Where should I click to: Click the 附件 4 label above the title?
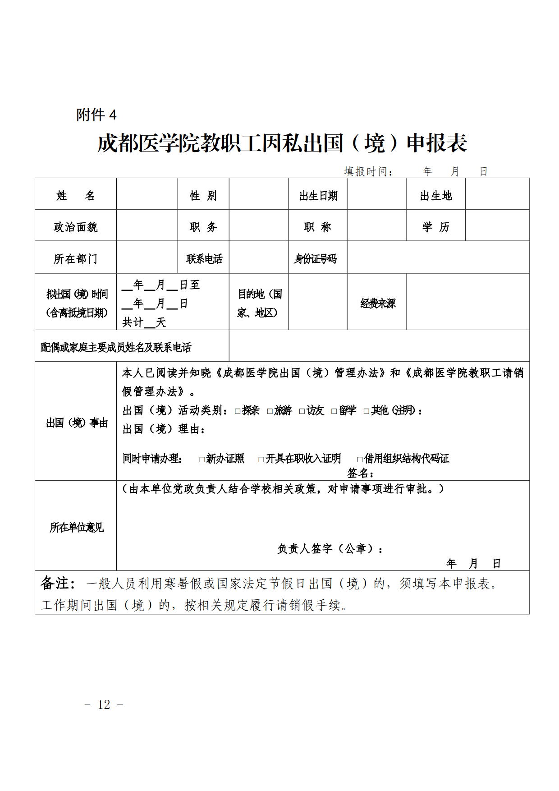tap(96, 115)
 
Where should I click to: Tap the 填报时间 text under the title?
tap(368, 172)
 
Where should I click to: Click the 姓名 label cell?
tap(75, 195)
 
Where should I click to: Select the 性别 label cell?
tap(203, 195)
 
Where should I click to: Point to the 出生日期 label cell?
tap(318, 196)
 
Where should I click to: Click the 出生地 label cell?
tap(435, 196)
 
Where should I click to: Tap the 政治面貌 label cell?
tap(75, 227)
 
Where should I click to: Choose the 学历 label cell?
tap(435, 227)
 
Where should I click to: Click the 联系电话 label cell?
tap(204, 259)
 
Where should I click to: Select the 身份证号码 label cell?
tap(316, 259)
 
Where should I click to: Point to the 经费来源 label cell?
tap(377, 304)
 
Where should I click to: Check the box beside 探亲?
tap(238, 411)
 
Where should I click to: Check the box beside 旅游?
tap(270, 411)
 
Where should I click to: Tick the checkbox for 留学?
tap(334, 411)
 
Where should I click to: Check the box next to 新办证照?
tap(202, 460)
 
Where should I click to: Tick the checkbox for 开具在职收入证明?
tap(261, 460)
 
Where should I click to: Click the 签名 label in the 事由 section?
tap(360, 473)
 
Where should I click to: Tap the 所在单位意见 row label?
tap(76, 527)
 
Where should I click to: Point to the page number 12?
tap(104, 704)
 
